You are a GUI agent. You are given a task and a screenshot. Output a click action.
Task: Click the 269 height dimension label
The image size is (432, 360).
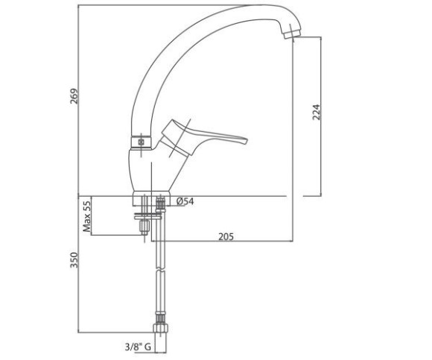click(x=74, y=96)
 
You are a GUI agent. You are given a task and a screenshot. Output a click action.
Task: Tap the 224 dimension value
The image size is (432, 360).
click(x=317, y=112)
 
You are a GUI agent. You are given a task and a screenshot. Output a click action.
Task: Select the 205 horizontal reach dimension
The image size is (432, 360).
click(x=226, y=236)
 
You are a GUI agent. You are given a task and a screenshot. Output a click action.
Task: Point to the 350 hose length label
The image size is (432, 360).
click(x=74, y=260)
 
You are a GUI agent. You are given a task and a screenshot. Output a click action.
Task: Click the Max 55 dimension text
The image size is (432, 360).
click(x=86, y=216)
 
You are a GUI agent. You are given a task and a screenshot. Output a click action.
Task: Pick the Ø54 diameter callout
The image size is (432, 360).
click(x=185, y=201)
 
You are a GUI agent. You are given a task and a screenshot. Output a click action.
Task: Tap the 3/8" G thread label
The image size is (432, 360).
click(x=138, y=347)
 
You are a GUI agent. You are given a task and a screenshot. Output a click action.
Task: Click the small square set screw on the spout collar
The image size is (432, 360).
click(x=141, y=142)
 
